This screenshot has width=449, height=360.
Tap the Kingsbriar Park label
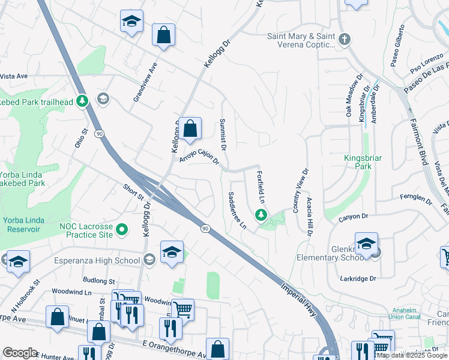tap(363, 162)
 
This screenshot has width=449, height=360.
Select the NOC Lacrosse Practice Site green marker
tap(122, 230)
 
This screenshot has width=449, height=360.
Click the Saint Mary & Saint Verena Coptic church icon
tap(344, 40)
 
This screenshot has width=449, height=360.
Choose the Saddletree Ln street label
tap(237, 210)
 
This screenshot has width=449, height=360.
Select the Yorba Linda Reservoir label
tap(23, 225)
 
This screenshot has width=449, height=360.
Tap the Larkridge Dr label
tap(357, 278)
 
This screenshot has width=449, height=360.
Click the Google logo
tap(20, 353)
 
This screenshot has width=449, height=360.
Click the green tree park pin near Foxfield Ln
tap(261, 215)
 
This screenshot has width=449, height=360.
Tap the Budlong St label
tap(99, 280)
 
